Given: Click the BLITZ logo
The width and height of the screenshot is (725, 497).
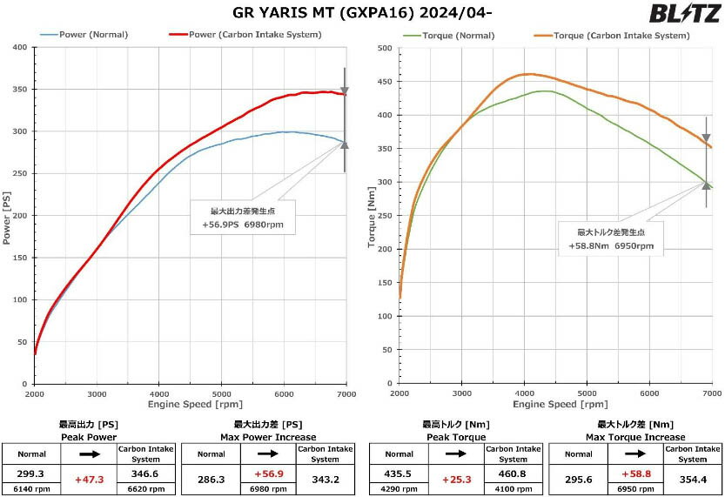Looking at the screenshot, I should point(684,14).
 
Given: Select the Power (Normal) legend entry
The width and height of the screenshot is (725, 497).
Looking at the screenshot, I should point(84,35).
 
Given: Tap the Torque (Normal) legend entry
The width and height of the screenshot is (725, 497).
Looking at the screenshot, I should point(451,35).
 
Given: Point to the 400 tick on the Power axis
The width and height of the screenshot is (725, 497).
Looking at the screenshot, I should point(18,47).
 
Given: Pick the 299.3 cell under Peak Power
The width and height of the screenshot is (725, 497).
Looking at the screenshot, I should point(30,474).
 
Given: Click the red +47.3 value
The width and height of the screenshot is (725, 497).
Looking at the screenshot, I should point(89,480).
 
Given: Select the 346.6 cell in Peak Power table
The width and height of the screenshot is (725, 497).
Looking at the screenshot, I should point(145,474).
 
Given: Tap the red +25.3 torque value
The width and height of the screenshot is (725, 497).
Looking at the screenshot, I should point(457,480).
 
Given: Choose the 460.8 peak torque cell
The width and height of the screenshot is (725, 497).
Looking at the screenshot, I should point(514,474).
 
